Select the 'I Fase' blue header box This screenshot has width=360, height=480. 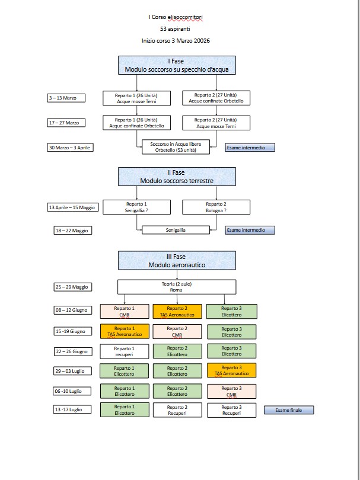click(177, 66)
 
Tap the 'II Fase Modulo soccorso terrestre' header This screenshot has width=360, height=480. click(177, 176)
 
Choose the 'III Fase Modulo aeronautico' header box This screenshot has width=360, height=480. click(177, 261)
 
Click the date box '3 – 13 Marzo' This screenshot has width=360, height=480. click(67, 98)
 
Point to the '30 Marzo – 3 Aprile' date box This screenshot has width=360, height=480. click(71, 147)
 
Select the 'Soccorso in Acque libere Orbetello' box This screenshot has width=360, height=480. click(176, 147)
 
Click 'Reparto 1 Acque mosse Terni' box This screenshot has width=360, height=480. click(136, 98)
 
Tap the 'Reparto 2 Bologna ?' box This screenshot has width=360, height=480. click(216, 207)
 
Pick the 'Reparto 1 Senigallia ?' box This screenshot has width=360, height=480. click(136, 207)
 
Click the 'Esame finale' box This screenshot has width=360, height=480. click(288, 409)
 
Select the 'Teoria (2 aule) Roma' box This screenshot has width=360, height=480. click(176, 287)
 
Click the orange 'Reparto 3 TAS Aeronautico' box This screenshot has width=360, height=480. click(231, 370)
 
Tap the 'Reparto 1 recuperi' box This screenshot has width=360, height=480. click(124, 351)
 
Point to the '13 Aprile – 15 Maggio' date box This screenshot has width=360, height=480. click(71, 207)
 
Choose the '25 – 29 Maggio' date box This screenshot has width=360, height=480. click(72, 287)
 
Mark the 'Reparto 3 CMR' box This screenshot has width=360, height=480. click(231, 391)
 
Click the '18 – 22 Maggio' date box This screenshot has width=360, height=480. click(72, 230)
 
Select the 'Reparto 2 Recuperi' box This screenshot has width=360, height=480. click(177, 410)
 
